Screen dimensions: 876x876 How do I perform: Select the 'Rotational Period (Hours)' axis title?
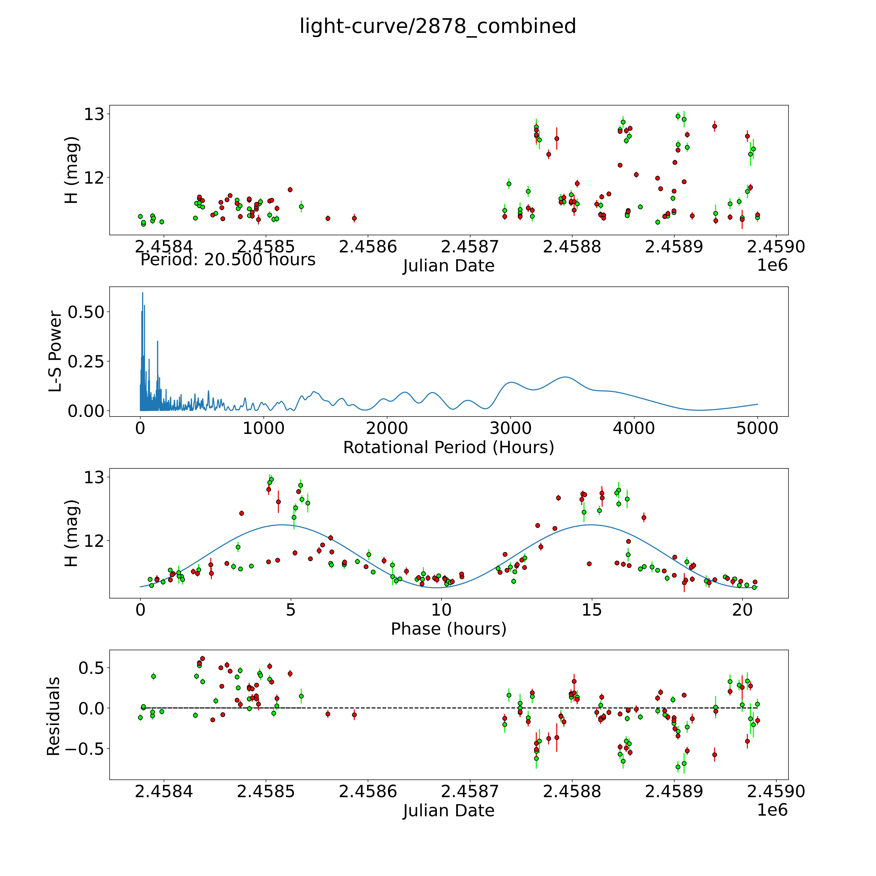(x=448, y=448)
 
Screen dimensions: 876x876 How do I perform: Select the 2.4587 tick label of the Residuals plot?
(x=470, y=791)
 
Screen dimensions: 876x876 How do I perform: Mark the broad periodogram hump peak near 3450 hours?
(x=565, y=377)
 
